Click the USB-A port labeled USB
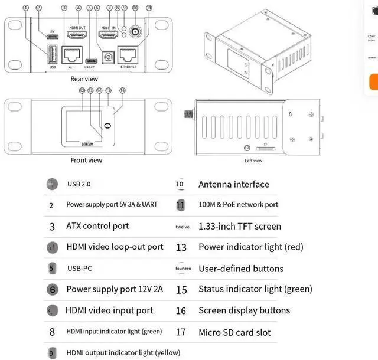[51, 54]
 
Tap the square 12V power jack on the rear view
[107, 56]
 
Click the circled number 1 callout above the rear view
[25, 8]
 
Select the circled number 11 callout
[149, 8]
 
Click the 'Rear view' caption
[84, 79]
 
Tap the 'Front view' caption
[86, 160]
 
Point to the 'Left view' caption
[253, 161]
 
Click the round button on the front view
[107, 126]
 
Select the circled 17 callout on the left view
[247, 147]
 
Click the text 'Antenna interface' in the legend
[233, 185]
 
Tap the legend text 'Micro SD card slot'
[234, 332]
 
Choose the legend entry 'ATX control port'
[97, 226]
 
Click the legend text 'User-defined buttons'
[241, 269]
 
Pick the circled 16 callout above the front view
[122, 90]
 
